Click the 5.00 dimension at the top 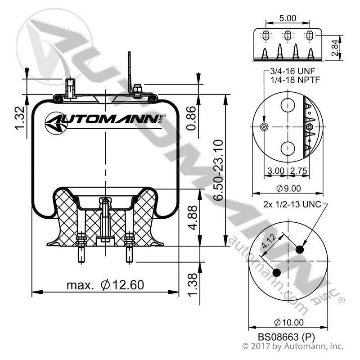[288, 18]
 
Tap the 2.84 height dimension [335, 48]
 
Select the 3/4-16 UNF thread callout [292, 71]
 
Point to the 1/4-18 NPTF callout [295, 80]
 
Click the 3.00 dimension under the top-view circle [276, 171]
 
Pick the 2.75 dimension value [298, 171]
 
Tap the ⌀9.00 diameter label [288, 189]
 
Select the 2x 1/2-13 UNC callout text [292, 204]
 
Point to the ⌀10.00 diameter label [289, 322]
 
